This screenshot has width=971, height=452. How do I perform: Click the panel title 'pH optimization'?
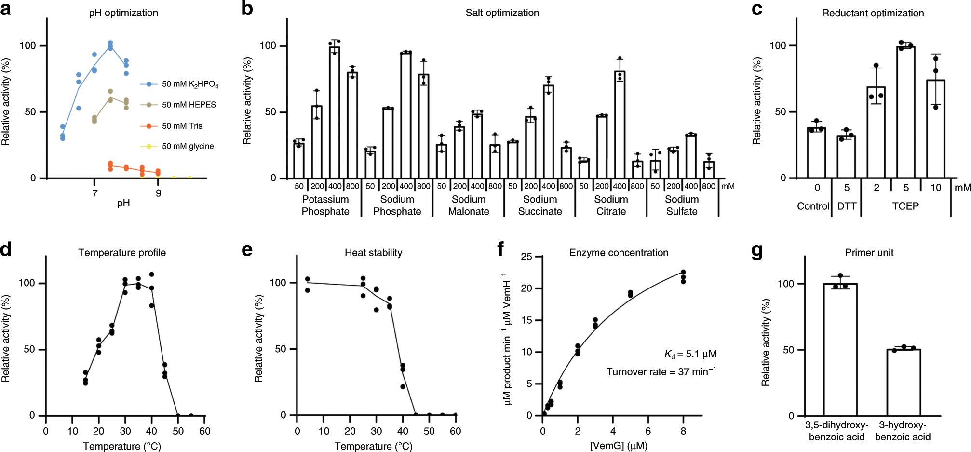pos(123,13)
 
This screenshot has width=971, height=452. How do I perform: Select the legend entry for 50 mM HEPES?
pos(189,105)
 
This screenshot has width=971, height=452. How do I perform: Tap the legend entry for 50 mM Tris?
pos(182,126)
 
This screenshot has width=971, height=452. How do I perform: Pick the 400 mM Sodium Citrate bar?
pos(620,125)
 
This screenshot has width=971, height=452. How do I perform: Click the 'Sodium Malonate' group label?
pos(468,205)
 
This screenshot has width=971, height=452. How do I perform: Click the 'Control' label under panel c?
pos(813,206)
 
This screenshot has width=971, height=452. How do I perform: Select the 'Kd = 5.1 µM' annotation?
pos(690,354)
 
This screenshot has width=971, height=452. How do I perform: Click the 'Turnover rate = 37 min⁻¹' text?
pos(661,371)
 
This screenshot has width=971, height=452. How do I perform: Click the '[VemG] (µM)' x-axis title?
pos(619,445)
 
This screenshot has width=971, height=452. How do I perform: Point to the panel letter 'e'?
pos(247,250)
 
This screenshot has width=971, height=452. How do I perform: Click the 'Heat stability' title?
pos(373,253)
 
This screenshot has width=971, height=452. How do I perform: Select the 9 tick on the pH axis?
pos(158,193)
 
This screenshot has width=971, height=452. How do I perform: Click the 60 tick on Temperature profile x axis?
pos(204,431)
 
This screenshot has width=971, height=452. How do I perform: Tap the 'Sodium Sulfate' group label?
pos(682,205)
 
